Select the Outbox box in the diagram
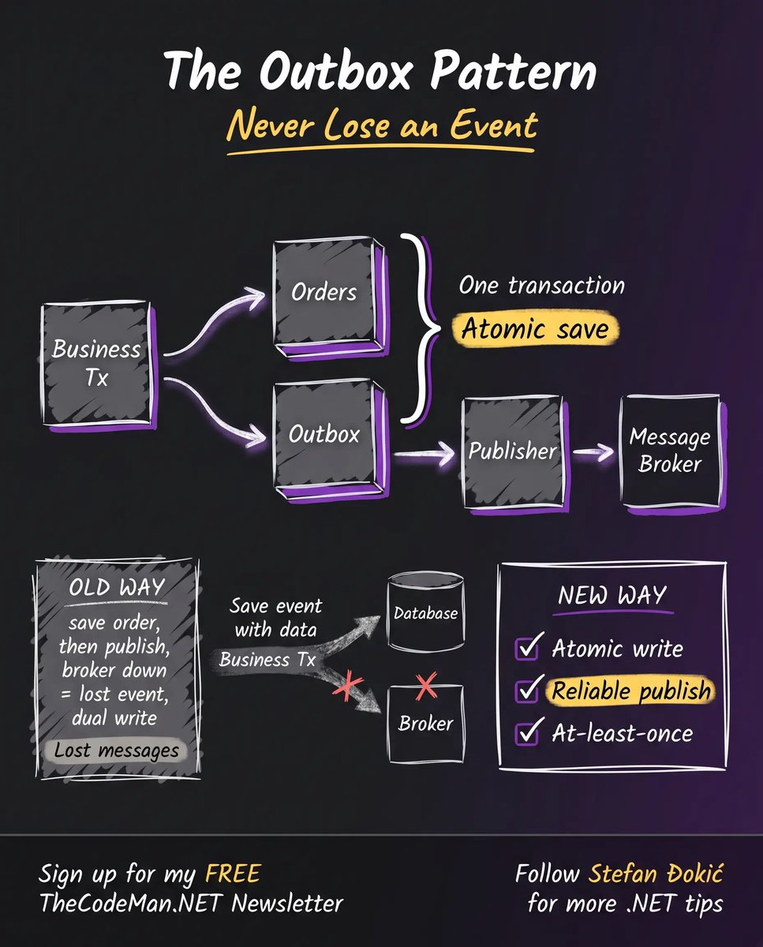coord(330,440)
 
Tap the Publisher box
coord(514,454)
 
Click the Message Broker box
coord(672,453)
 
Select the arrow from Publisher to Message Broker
coord(593,452)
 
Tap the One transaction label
coord(541,286)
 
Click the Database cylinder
coord(425,612)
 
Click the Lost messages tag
coord(116,750)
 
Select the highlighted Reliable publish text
coord(631,690)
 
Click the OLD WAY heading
coord(117,587)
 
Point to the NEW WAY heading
coord(612,595)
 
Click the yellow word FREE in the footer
coord(234,873)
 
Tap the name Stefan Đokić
coord(656,873)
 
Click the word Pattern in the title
coord(513,71)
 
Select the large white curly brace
coord(421,328)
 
